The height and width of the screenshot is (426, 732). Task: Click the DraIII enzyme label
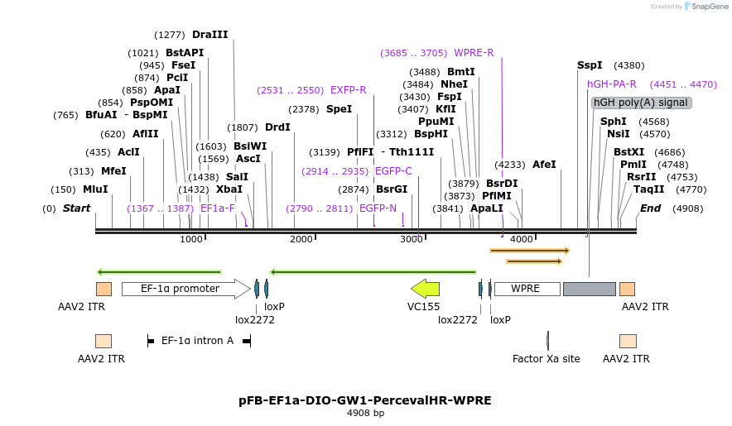[x=210, y=35]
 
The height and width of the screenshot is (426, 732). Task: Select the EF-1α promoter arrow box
[x=186, y=289]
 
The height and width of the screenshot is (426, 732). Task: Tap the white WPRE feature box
[x=527, y=289]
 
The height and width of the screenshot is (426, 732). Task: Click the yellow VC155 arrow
[x=426, y=289]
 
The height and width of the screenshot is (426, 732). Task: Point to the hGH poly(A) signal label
[x=641, y=103]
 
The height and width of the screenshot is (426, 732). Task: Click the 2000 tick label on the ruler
[x=301, y=239]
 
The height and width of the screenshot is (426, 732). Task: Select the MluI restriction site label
[x=95, y=189]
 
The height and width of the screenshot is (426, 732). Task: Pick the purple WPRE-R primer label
[x=474, y=53]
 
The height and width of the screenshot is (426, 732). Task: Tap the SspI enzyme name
[x=590, y=65]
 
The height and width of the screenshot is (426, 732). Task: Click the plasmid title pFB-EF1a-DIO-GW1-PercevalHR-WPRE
[x=365, y=400]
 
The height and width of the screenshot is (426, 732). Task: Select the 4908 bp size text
[x=365, y=413]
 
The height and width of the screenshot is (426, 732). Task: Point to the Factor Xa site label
[x=547, y=359]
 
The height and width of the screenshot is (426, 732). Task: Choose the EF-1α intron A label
[x=197, y=341]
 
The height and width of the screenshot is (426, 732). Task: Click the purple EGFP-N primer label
[x=378, y=208]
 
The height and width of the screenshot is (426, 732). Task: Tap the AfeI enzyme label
[x=544, y=165]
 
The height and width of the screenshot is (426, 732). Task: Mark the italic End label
[x=650, y=208]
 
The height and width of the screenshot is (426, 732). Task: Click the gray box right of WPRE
[x=590, y=289]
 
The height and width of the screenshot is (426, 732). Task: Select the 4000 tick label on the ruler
[x=522, y=239]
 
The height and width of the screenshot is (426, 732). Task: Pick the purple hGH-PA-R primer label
[x=612, y=84]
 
